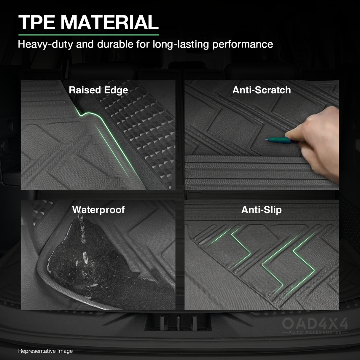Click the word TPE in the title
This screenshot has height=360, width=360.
pos(36,23)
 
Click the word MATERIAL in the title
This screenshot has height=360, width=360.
pos(109,23)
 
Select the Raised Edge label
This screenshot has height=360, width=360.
pos(98,90)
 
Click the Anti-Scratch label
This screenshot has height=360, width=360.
pos(262,90)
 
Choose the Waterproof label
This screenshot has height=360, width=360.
pos(98,210)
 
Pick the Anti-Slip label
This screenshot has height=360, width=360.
pos(261,210)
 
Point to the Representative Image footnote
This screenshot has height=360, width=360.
pos(45,351)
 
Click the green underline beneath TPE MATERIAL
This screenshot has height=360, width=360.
pos(88,35)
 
